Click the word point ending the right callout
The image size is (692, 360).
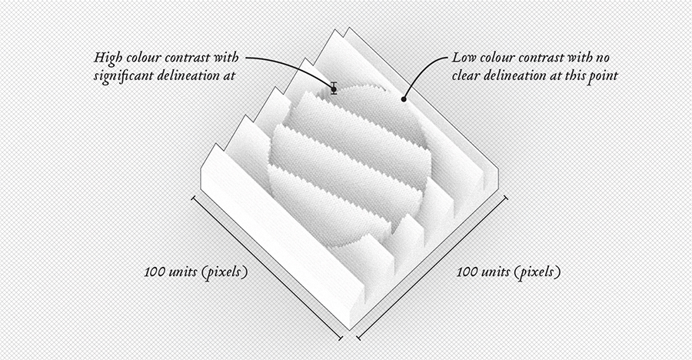(602, 76)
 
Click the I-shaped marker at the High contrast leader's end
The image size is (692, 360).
(334, 88)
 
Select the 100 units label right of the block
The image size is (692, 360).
(508, 272)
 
